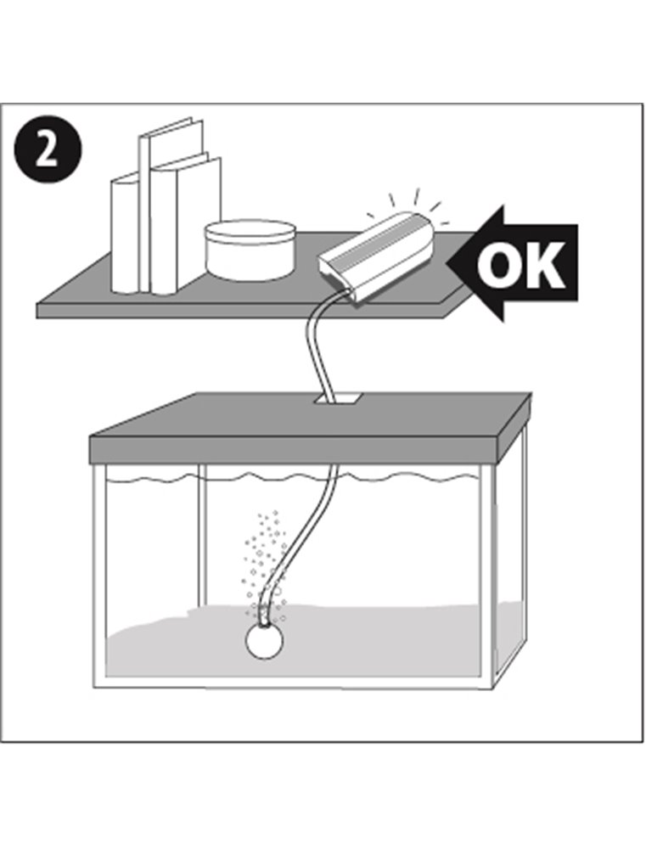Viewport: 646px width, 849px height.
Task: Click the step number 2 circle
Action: [x=48, y=152]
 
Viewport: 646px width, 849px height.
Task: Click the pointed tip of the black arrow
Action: [x=447, y=264]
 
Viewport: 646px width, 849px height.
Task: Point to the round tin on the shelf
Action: [x=249, y=250]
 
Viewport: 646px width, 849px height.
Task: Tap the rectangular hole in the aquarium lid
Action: [x=337, y=400]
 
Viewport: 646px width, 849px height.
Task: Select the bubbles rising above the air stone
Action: [x=264, y=563]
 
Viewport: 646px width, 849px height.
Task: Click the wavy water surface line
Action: [x=292, y=477]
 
